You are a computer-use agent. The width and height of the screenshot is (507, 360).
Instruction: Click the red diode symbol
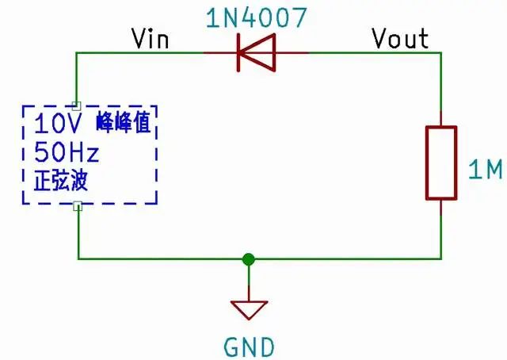(x=255, y=53)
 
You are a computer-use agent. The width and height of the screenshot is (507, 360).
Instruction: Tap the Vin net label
(x=150, y=38)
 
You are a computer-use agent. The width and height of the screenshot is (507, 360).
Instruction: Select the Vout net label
(x=400, y=37)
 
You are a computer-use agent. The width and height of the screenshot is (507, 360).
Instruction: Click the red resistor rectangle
(x=440, y=162)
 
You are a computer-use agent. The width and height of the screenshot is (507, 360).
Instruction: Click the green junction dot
(x=249, y=259)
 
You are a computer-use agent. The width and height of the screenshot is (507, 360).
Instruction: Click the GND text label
(x=249, y=347)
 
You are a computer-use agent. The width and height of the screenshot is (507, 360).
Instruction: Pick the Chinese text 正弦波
(x=55, y=180)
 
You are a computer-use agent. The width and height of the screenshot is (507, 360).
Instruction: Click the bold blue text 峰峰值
(x=122, y=124)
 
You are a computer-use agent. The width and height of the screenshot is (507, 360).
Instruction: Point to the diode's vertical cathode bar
(x=238, y=53)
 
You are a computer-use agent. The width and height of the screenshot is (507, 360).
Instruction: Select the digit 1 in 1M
(x=473, y=170)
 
